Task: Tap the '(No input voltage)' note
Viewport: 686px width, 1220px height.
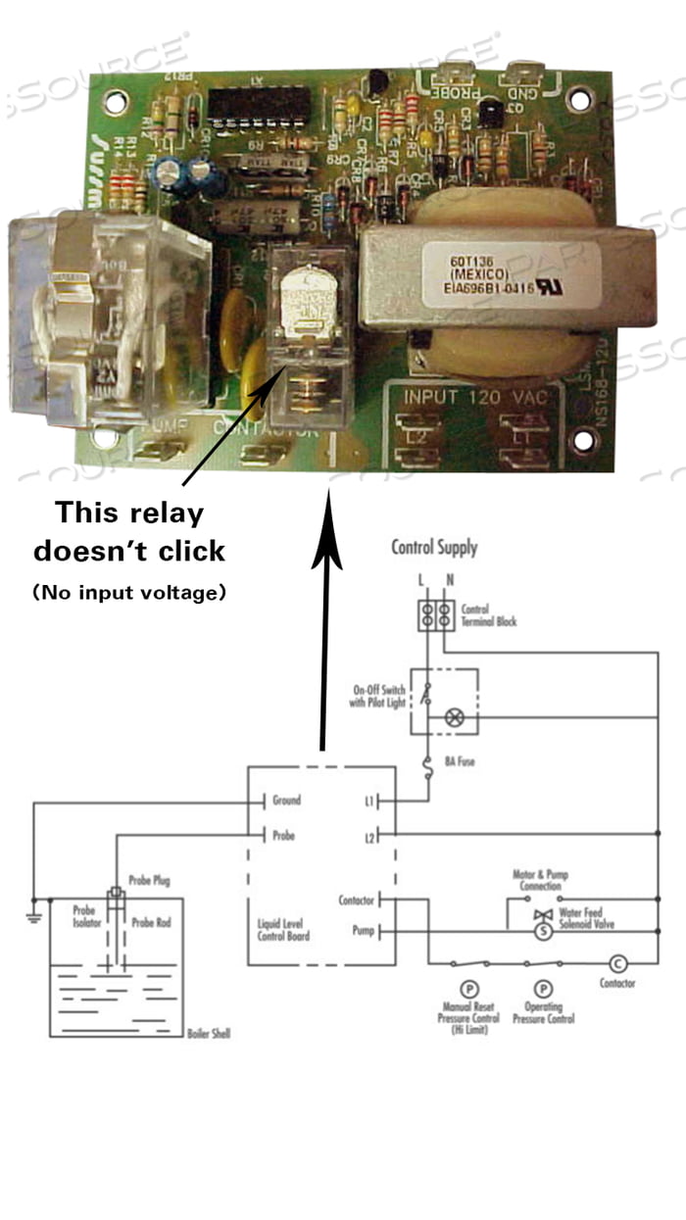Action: [128, 592]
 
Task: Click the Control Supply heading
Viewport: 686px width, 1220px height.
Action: [434, 547]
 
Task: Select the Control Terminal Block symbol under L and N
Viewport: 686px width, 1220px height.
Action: [435, 615]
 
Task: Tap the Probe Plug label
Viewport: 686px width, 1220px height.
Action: [149, 881]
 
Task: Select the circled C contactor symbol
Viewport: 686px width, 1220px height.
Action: [617, 963]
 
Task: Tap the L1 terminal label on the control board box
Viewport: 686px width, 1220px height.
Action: [368, 802]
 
